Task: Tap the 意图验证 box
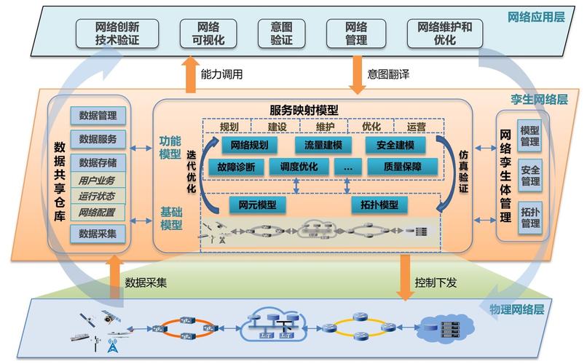pyautogui.click(x=281, y=33)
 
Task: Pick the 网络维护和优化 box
pyautogui.click(x=357, y=33)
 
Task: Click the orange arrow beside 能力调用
pyautogui.click(x=190, y=76)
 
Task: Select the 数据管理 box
pyautogui.click(x=98, y=115)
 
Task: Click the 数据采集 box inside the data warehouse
pyautogui.click(x=98, y=233)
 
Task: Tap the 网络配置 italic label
pyautogui.click(x=98, y=213)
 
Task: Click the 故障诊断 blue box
pyautogui.click(x=236, y=167)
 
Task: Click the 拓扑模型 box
pyautogui.click(x=379, y=205)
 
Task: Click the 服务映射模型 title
pyautogui.click(x=304, y=110)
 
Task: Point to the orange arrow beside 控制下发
pyautogui.click(x=403, y=276)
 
